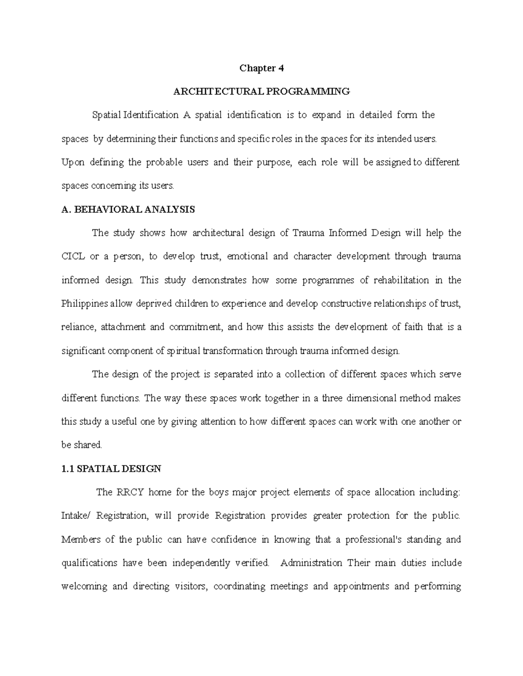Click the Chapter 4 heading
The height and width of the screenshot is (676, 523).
tap(261, 68)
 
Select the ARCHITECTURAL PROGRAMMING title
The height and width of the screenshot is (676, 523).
tap(261, 92)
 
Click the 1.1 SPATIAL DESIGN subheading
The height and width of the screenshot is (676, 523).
tap(112, 469)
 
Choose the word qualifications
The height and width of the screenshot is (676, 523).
tap(89, 563)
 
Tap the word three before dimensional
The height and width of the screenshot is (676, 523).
tap(333, 398)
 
